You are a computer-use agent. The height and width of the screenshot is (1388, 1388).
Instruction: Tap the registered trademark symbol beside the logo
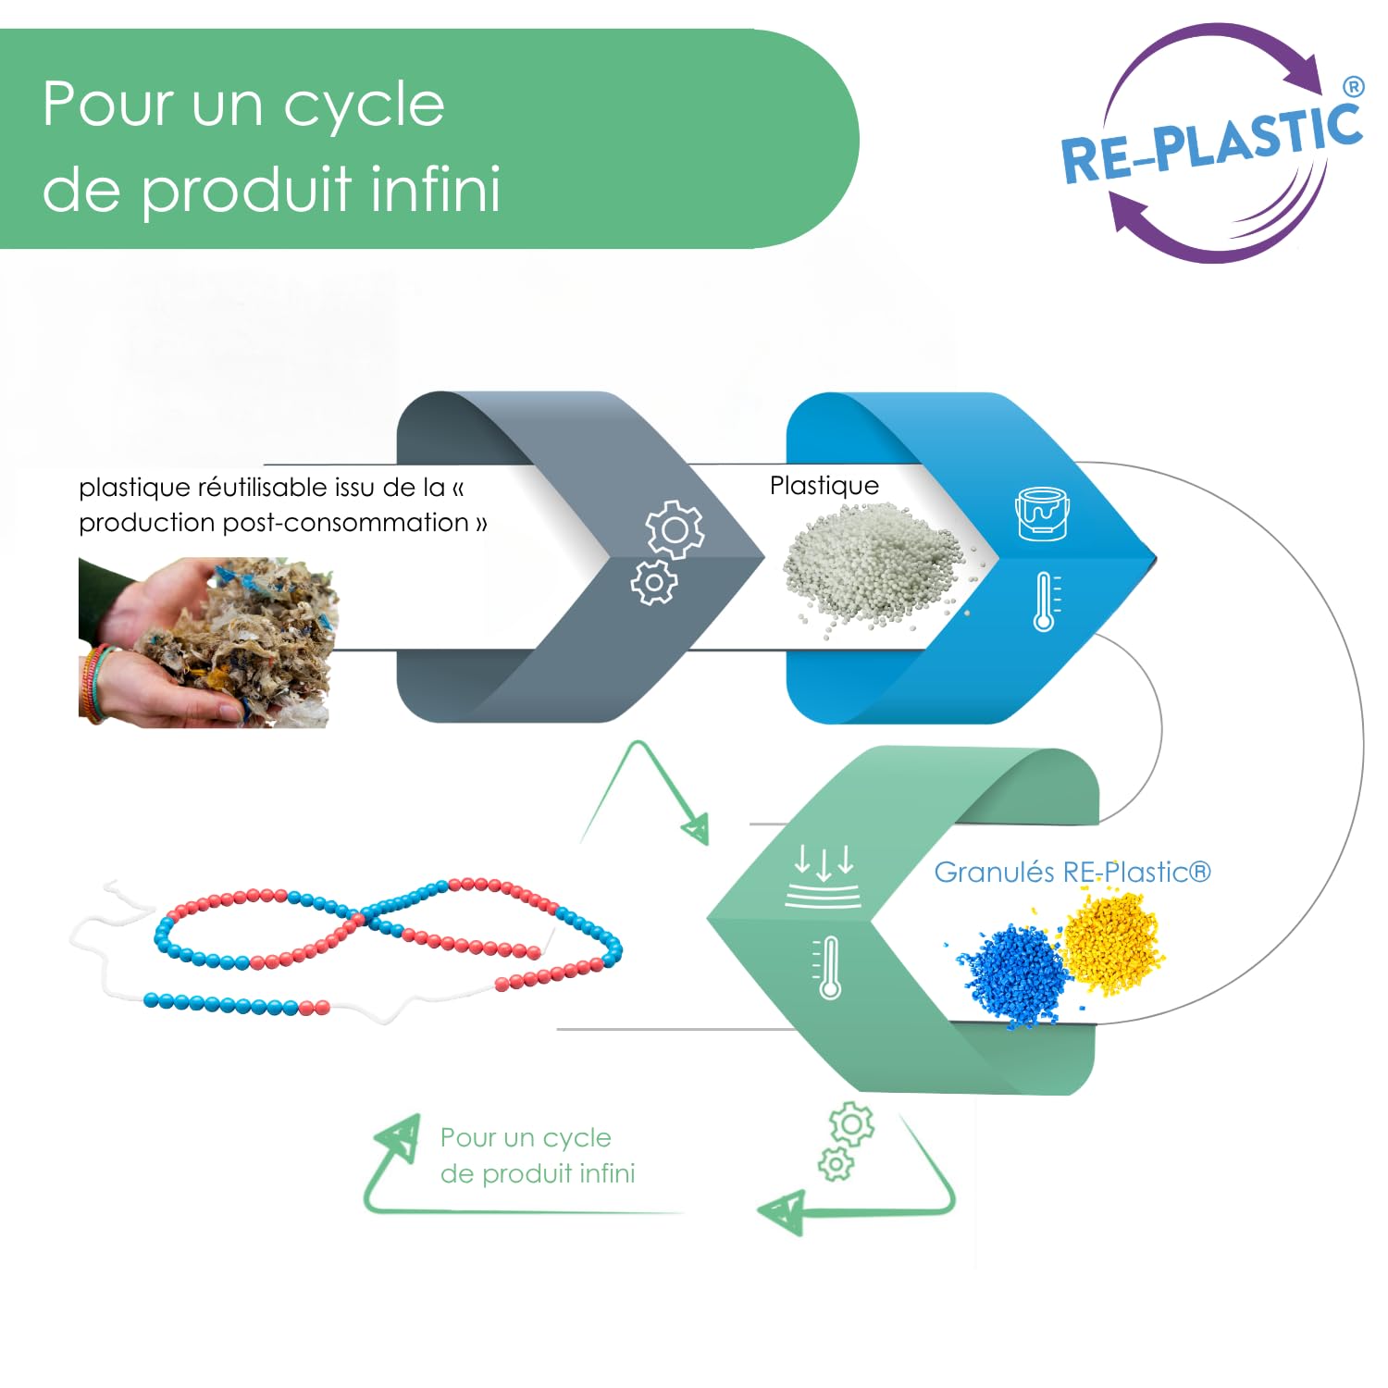(x=1353, y=87)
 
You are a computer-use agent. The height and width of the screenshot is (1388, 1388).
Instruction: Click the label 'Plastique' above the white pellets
(x=824, y=486)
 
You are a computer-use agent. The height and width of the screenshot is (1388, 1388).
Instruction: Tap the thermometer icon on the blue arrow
(x=1046, y=601)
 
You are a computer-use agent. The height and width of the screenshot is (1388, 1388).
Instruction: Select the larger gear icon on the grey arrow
(x=675, y=529)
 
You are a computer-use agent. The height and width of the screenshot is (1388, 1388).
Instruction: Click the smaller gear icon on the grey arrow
(x=654, y=582)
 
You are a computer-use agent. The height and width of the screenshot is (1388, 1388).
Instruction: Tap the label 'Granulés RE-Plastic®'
(x=1072, y=872)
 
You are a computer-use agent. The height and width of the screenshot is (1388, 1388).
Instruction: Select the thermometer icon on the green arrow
(x=829, y=967)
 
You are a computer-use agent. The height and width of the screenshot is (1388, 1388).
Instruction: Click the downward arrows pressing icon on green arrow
(x=824, y=874)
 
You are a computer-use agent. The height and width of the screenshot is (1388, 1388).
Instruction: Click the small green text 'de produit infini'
(x=538, y=1173)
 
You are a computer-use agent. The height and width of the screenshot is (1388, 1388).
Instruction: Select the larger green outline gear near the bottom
(x=851, y=1124)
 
